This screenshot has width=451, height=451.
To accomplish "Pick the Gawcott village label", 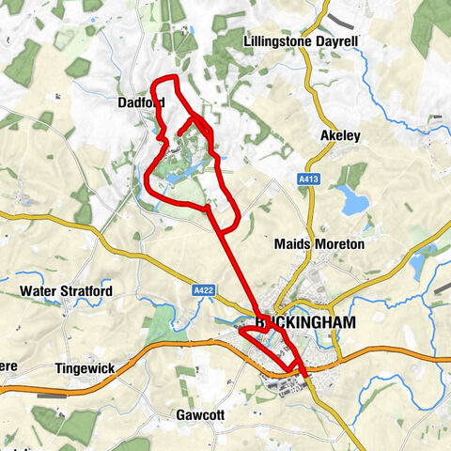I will [199, 414].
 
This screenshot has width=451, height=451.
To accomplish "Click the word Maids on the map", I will [290, 244].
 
